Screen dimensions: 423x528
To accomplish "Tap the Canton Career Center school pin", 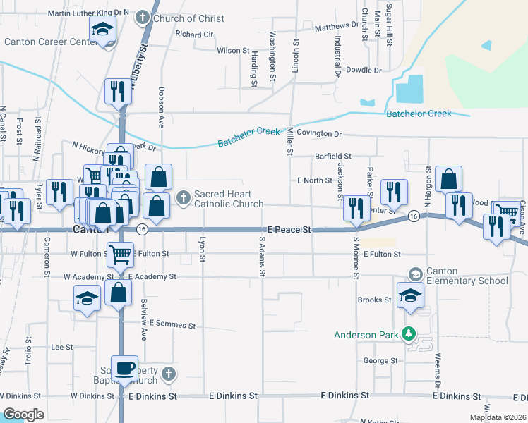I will coord(103,30).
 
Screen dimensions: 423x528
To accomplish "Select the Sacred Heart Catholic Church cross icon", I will coord(184,197).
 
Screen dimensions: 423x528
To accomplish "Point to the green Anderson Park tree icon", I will coord(407,333).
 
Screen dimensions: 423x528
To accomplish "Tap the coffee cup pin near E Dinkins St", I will coord(126,368).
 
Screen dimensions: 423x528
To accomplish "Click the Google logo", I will coord(23,415).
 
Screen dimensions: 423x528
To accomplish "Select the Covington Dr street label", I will coord(318,133).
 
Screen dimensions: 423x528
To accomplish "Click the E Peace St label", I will coord(289,230).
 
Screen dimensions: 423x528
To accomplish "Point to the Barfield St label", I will coord(332,157).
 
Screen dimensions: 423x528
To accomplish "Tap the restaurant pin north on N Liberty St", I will coord(117,90).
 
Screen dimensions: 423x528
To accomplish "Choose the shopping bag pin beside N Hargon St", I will coord(448,179).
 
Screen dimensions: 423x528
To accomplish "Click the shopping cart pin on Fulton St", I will coord(121,254).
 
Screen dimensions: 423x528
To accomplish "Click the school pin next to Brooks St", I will coord(409,296).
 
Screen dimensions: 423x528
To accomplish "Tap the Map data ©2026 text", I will coord(497,417).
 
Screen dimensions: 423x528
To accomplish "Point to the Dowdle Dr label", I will coord(364,70).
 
